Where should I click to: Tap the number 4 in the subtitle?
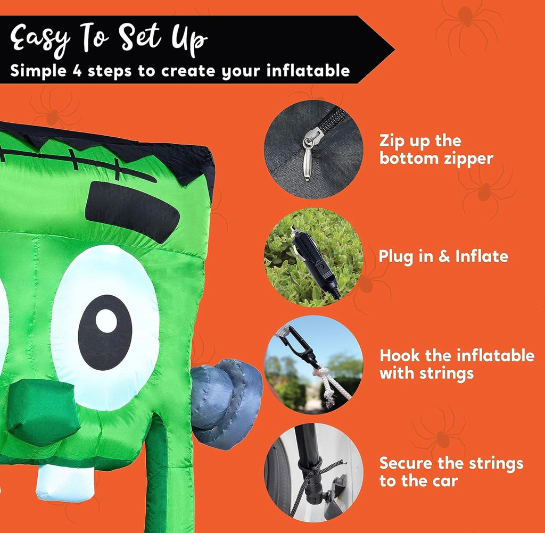pos(77,71)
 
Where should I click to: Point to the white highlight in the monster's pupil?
pos(106,321)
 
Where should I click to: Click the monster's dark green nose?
pos(43,411)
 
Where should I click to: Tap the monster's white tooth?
pos(65,483)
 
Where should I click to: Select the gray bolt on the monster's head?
pos(227,404)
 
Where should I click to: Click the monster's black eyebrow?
pos(132,212)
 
